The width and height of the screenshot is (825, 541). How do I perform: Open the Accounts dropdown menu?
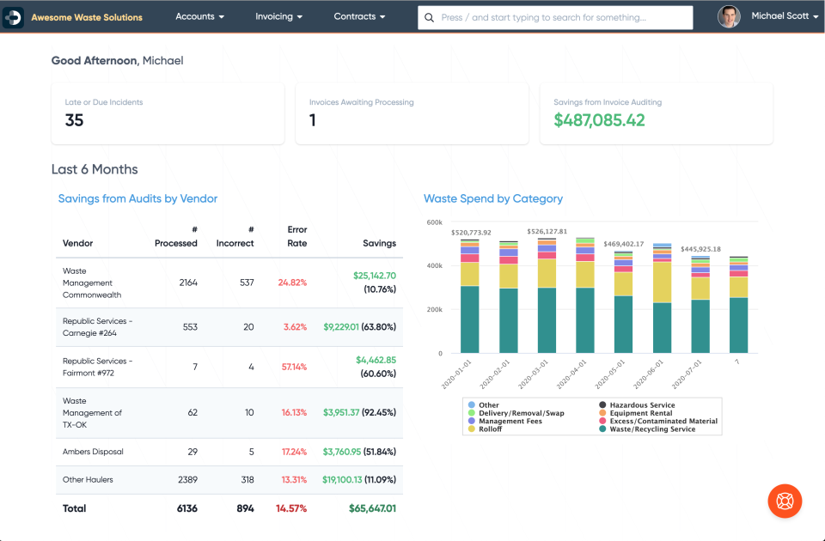coord(199,16)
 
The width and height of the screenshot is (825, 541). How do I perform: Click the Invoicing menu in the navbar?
coord(278,16)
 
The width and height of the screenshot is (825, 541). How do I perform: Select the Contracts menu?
coord(359,16)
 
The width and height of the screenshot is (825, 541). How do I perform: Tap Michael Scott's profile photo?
coord(729,17)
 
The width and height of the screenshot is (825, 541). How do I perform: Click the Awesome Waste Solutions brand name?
coord(87,17)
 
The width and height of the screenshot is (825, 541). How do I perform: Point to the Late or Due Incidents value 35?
coord(75,121)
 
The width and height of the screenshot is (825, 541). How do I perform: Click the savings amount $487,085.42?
coord(599,121)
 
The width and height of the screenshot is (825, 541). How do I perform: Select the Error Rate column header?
coord(296,236)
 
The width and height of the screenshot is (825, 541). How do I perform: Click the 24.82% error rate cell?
coord(292,283)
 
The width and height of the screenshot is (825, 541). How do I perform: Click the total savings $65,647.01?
coord(372,508)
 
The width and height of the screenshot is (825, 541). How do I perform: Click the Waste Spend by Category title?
coord(493,198)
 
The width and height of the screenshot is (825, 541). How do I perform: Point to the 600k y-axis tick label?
coord(434,222)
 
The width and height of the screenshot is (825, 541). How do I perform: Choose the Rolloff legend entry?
coord(491,429)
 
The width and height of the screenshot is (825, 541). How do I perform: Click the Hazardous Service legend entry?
coord(641,404)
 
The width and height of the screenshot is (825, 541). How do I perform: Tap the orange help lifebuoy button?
coord(784,501)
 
